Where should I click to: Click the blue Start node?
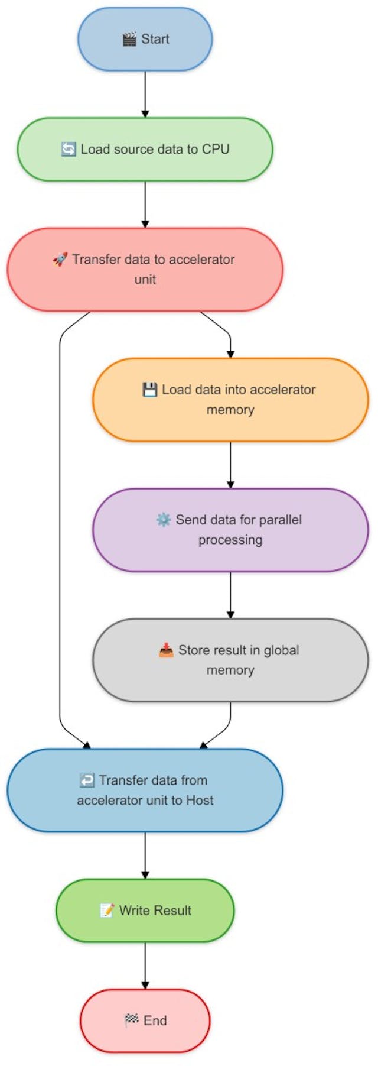pyautogui.click(x=145, y=40)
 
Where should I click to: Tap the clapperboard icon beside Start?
pyautogui.click(x=129, y=40)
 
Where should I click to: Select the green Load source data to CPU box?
pyautogui.click(x=145, y=149)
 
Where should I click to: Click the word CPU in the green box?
pyautogui.click(x=216, y=149)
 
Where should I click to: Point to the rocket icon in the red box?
pyautogui.click(x=60, y=260)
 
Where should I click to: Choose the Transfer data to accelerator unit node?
pyautogui.click(x=145, y=270)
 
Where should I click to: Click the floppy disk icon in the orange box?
pyautogui.click(x=150, y=390)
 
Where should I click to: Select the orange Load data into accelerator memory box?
pyautogui.click(x=230, y=400)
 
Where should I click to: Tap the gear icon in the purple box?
pyautogui.click(x=163, y=520)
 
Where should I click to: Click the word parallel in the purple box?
pyautogui.click(x=280, y=520)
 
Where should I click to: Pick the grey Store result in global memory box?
pyautogui.click(x=230, y=660)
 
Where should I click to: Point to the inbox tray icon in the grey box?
pyautogui.click(x=166, y=650)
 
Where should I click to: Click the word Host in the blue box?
pyautogui.click(x=200, y=801)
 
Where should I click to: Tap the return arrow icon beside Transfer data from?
pyautogui.click(x=87, y=780)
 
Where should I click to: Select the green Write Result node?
pyautogui.click(x=145, y=911)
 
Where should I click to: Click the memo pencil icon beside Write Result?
pyautogui.click(x=107, y=911)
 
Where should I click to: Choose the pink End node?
pyautogui.click(x=145, y=1020)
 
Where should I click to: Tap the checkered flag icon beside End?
pyautogui.click(x=131, y=1020)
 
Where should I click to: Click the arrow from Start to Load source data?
pyautogui.click(x=145, y=95)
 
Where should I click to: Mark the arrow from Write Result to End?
pyautogui.click(x=145, y=965)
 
